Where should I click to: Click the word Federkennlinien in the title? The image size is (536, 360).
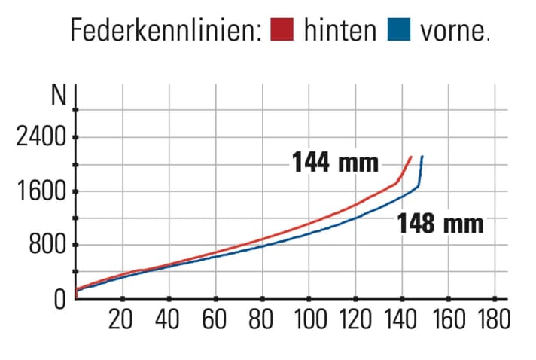click(164, 31)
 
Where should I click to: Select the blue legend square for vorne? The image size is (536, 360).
click(398, 32)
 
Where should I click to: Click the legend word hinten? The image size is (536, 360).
click(340, 31)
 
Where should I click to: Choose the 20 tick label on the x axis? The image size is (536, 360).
click(122, 319)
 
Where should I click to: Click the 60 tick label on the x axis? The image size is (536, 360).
click(215, 319)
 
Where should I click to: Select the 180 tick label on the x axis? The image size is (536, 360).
click(493, 319)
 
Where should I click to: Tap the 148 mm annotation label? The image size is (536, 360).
click(440, 224)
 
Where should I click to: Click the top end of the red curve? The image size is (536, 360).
click(410, 157)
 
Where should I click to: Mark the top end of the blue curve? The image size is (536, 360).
click(422, 156)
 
